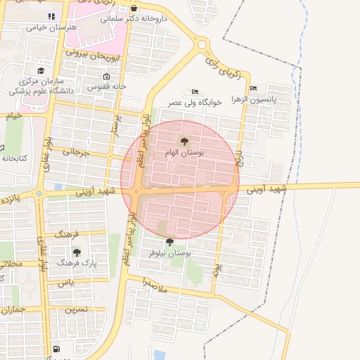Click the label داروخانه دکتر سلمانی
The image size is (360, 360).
pos(134,19)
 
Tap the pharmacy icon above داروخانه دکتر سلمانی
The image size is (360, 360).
pos(134,8)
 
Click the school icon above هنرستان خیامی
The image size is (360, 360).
pos(50,16)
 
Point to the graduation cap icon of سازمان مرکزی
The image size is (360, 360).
pos(41,71)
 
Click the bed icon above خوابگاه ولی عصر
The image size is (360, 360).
pos(195,92)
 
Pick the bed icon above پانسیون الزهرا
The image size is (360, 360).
pos(254,89)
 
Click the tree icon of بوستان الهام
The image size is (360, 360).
pos(185,141)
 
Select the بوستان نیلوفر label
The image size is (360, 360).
pos(170,252)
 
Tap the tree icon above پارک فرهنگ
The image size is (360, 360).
pos(77,252)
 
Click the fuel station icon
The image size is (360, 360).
pos(56,349)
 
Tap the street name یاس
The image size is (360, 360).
pos(65,283)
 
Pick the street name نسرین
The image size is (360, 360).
pos(77,309)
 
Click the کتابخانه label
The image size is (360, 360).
pos(14,157)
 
